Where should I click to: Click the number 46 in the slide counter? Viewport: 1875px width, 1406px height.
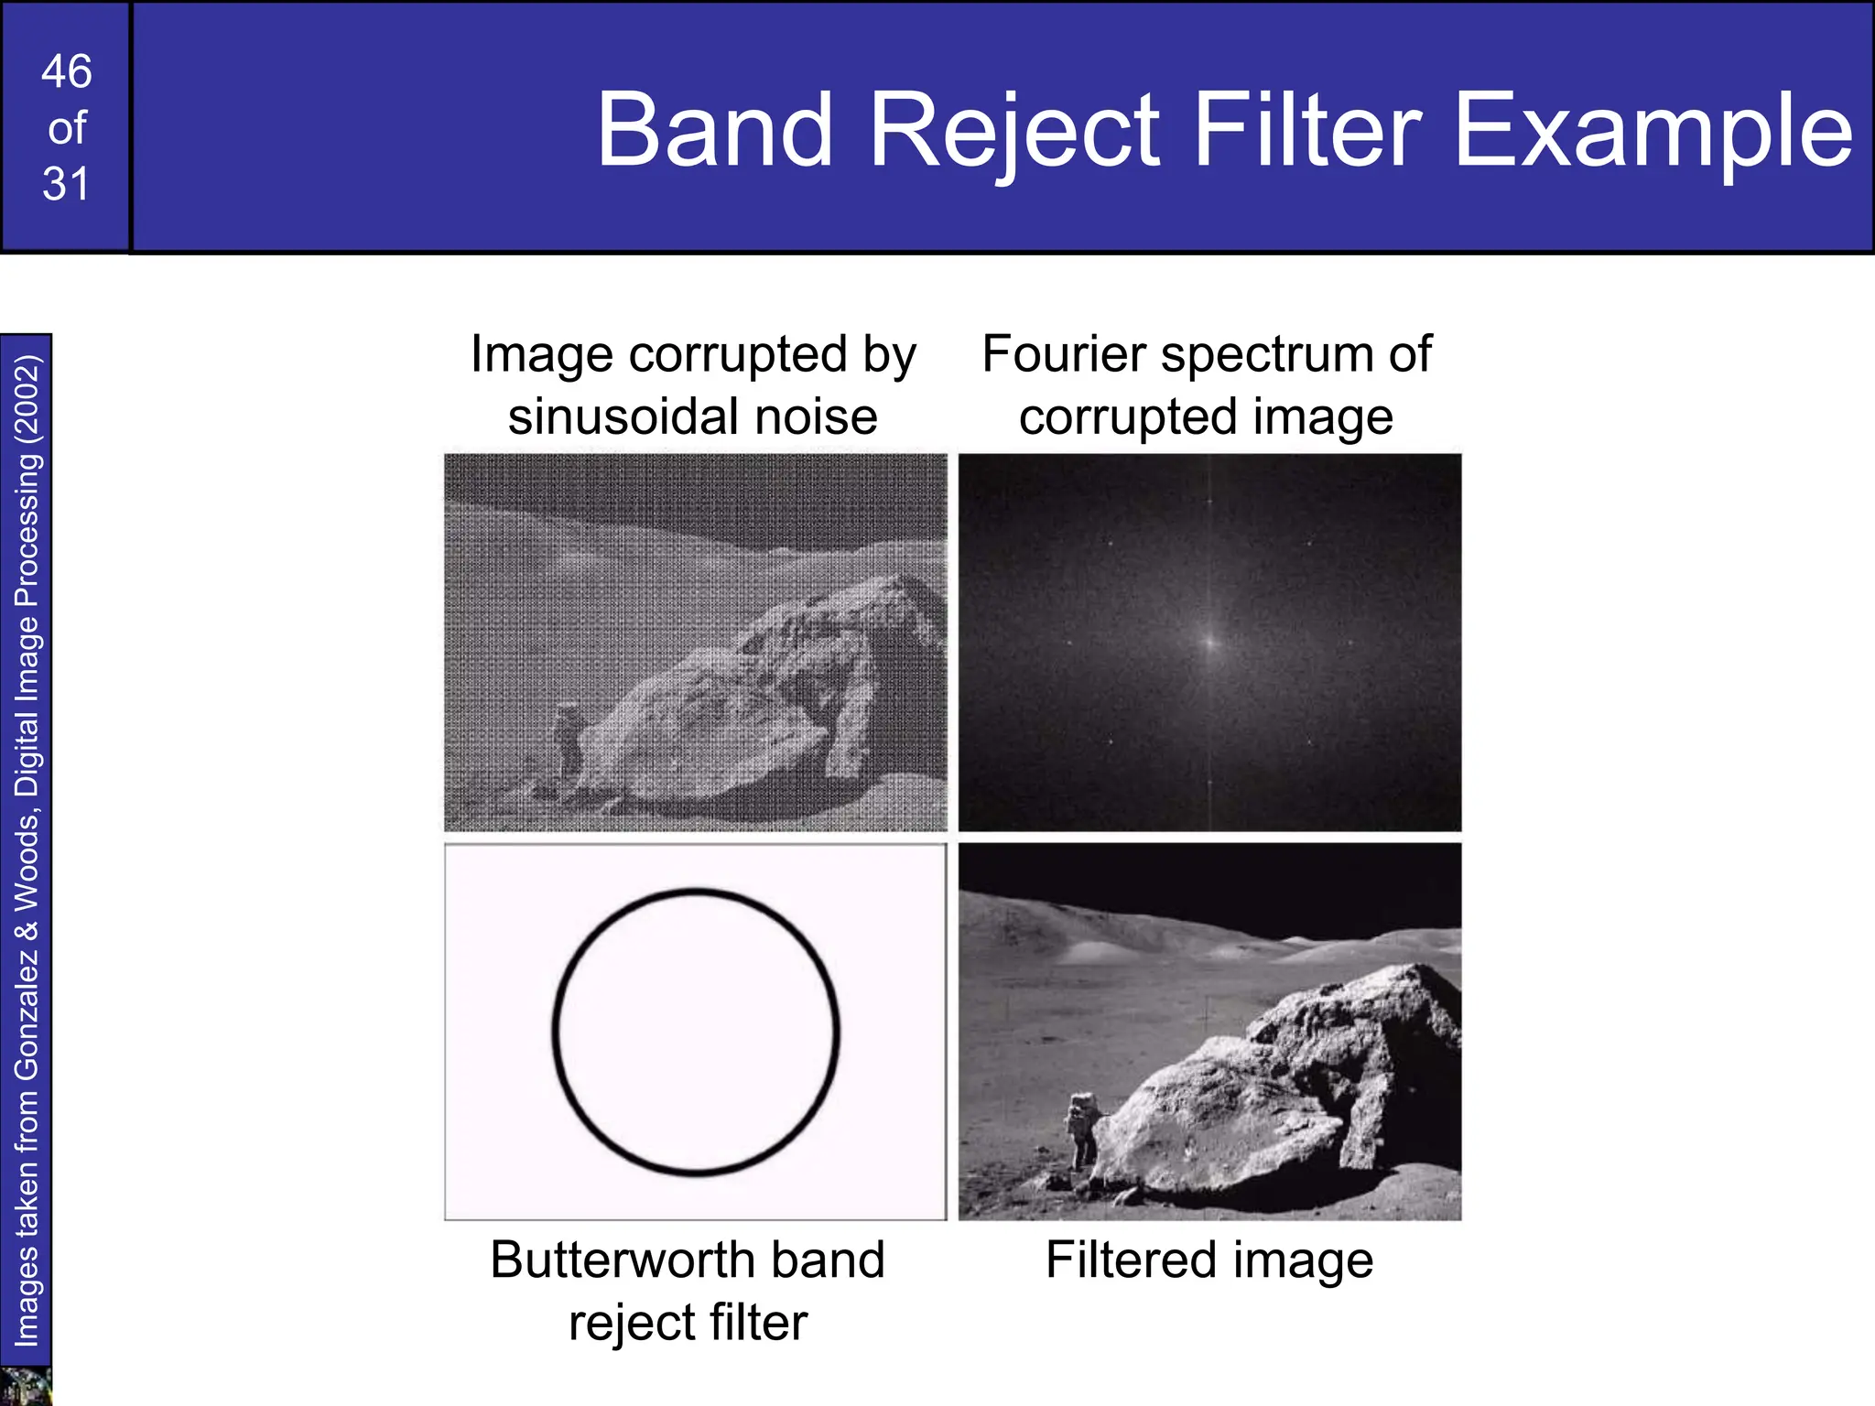[x=66, y=71]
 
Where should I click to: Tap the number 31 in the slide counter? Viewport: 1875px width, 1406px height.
[x=66, y=184]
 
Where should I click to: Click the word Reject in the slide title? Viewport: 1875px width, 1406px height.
[x=1014, y=131]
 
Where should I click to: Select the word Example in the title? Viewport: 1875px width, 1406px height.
[x=1653, y=131]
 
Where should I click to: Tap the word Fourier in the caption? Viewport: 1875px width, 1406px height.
[x=1063, y=354]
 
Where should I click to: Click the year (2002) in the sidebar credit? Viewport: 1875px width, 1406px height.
[x=27, y=399]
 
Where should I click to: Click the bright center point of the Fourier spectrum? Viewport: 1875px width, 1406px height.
[x=1210, y=643]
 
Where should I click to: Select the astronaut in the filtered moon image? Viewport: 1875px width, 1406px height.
[x=1083, y=1128]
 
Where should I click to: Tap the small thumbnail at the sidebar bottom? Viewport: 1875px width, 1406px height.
[x=25, y=1386]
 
